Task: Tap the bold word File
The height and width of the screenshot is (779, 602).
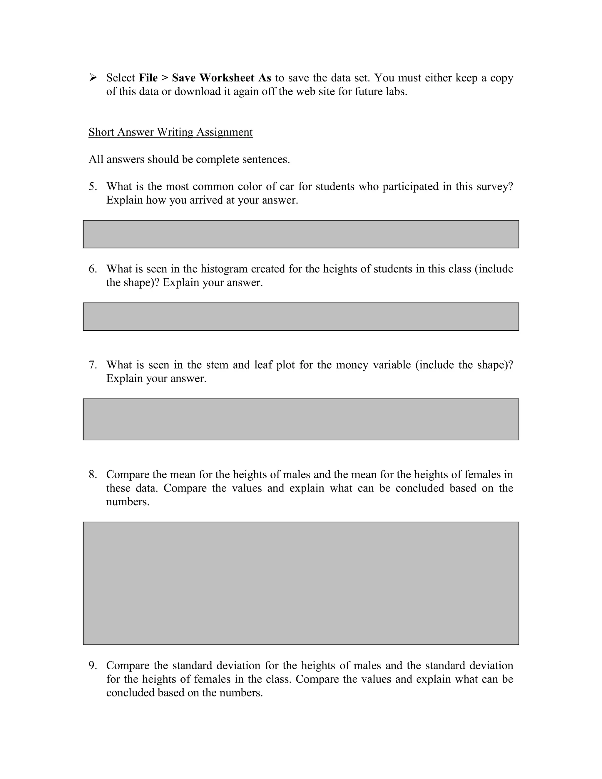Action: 148,78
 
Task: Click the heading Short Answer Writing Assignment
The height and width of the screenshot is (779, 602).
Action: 170,132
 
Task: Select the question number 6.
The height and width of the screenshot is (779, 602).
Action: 92,269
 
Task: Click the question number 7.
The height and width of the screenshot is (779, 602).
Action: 92,365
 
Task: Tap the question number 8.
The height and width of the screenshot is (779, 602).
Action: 92,475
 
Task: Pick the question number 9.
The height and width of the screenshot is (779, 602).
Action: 92,666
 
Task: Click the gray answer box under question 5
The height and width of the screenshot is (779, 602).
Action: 301,234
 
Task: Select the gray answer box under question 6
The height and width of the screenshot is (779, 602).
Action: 301,317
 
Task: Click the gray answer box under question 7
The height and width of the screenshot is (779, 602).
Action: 301,419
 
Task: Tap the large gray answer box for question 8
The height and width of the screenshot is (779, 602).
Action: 301,583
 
